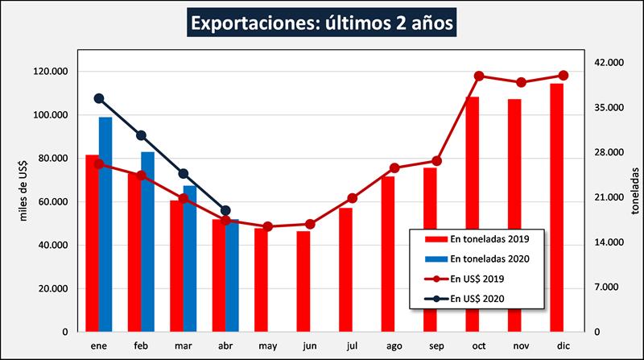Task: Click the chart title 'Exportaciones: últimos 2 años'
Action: (323, 22)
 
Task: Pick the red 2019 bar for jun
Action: (303, 281)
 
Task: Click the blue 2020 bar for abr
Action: (232, 275)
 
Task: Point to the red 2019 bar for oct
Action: (472, 213)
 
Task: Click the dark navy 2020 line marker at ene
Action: (99, 98)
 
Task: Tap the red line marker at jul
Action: (353, 198)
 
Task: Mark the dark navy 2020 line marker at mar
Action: (184, 174)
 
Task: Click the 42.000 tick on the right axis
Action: (608, 63)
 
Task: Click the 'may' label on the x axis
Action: (267, 346)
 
